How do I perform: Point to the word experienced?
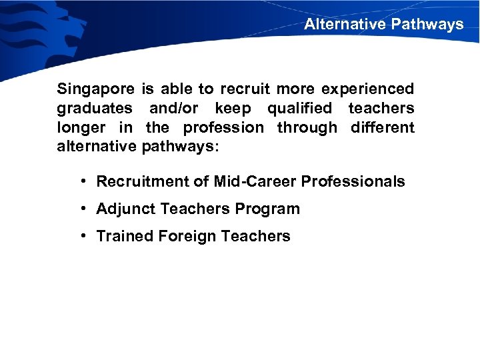tap(368, 89)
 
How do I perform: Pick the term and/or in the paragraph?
tap(174, 108)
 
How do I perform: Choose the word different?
tap(383, 127)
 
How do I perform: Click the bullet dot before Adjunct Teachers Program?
tap(81, 209)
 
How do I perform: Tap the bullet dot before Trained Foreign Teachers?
tap(81, 235)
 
